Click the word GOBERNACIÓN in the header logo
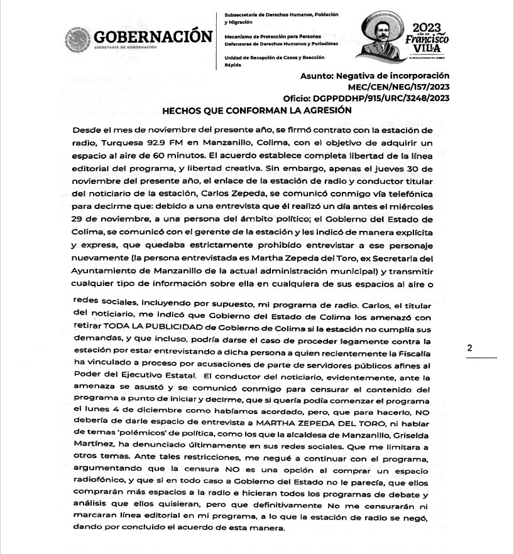[153, 36]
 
